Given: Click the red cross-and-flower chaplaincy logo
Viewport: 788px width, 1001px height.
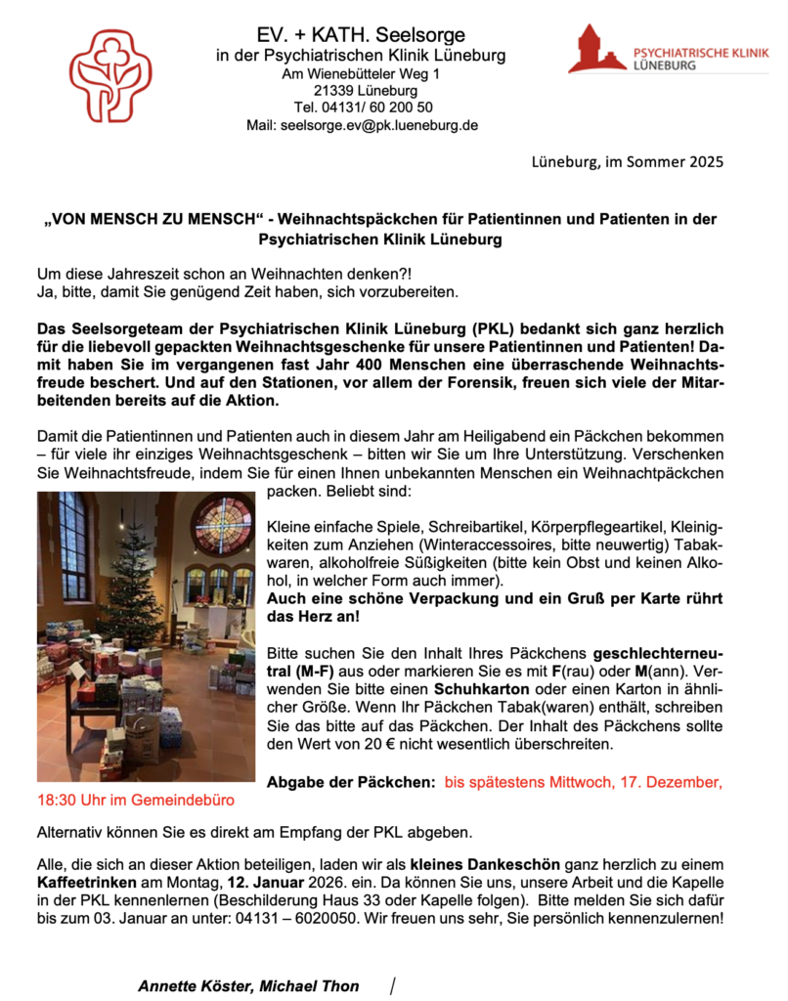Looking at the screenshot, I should (110, 75).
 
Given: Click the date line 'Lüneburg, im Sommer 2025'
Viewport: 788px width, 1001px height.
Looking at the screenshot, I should (629, 161).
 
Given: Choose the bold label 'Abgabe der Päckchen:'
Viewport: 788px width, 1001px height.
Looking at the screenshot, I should (351, 782).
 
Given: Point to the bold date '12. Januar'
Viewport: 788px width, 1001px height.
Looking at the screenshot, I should (277, 883).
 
